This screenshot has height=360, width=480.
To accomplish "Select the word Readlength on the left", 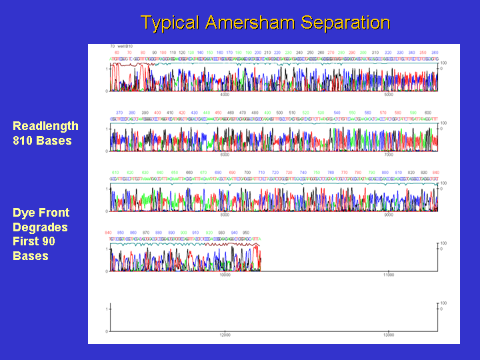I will point(45,126).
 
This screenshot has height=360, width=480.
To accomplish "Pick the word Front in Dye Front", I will point(53,213).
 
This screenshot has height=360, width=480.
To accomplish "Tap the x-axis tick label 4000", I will point(225,95).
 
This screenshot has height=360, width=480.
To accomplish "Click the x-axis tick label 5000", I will point(389,95).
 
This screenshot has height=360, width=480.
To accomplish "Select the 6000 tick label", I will point(225,155).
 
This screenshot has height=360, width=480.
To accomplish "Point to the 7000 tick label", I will point(389,155).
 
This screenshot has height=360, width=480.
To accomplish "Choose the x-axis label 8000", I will point(225,215).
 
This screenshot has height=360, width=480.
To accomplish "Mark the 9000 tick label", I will point(389,215).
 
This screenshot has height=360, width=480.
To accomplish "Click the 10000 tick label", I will point(225,275).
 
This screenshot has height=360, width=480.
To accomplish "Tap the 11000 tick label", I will point(389,275).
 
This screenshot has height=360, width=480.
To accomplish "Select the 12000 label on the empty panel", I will point(225,335).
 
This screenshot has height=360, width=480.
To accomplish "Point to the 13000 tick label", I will point(389,335).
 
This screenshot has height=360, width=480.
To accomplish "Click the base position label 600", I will point(427,112).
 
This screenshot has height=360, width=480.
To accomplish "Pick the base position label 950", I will point(245,232).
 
